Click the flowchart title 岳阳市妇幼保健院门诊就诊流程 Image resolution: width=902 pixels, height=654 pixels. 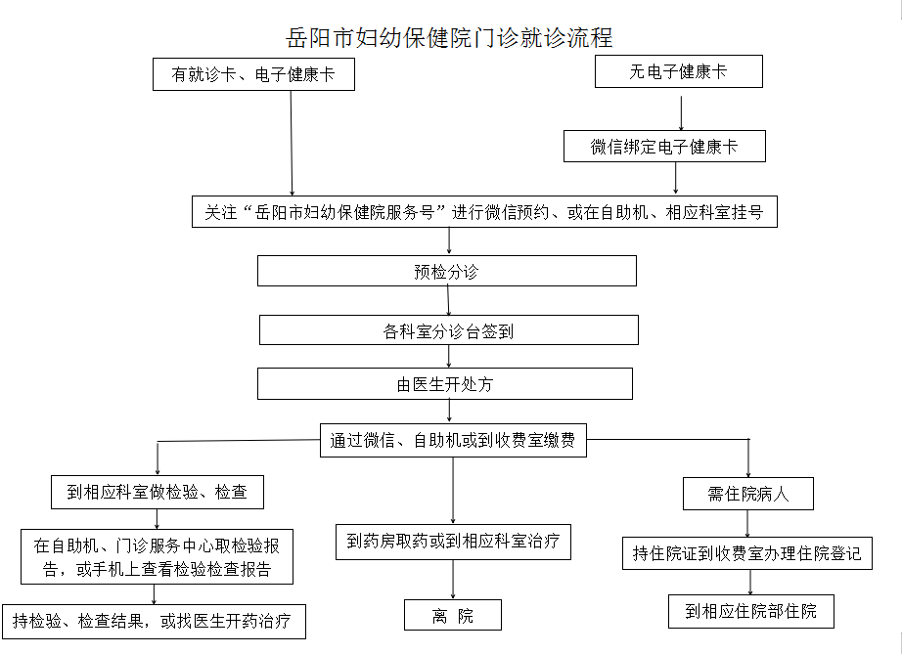(449, 38)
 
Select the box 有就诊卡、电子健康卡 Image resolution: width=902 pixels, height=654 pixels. (253, 74)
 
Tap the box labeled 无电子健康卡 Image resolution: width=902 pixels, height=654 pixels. (679, 71)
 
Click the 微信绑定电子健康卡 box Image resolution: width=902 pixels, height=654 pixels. (664, 147)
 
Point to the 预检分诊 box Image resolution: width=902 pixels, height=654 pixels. (447, 271)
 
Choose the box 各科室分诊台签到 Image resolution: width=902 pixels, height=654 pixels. (449, 330)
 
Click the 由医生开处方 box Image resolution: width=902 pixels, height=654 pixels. (445, 384)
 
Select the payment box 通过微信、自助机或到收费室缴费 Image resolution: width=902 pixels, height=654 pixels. (453, 440)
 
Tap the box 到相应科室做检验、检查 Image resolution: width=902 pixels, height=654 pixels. (158, 492)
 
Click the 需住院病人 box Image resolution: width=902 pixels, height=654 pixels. (748, 494)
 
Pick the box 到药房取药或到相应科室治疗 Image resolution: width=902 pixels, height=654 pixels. (453, 542)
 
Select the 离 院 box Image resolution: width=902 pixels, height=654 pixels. (453, 615)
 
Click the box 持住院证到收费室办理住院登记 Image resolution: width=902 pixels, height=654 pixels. (747, 553)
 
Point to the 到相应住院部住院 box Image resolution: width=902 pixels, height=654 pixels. (751, 611)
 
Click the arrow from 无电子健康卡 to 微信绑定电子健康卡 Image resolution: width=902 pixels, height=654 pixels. (681, 113)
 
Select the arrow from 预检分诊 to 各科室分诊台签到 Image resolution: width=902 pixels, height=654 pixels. (449, 300)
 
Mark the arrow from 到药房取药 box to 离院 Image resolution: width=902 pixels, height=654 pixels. (453, 580)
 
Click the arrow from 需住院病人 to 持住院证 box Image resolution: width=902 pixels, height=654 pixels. (747, 524)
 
